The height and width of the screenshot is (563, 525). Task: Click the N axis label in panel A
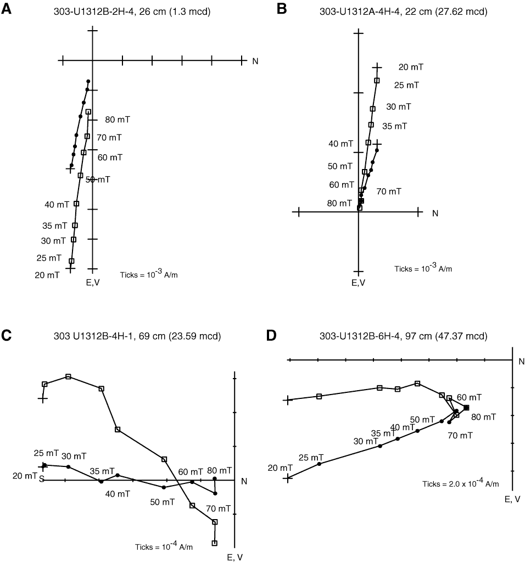coord(255,61)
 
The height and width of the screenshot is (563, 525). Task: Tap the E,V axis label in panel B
coord(358,283)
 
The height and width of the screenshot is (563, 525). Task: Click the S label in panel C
coord(42,478)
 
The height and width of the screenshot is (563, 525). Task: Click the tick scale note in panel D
coord(460,483)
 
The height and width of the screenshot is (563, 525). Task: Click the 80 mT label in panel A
coord(118,120)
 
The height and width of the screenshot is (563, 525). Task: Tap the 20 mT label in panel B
coord(411,67)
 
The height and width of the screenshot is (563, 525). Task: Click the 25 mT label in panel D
coord(311,457)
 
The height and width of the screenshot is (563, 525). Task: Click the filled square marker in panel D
coord(466,408)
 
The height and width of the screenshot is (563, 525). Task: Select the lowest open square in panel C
coord(215,543)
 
